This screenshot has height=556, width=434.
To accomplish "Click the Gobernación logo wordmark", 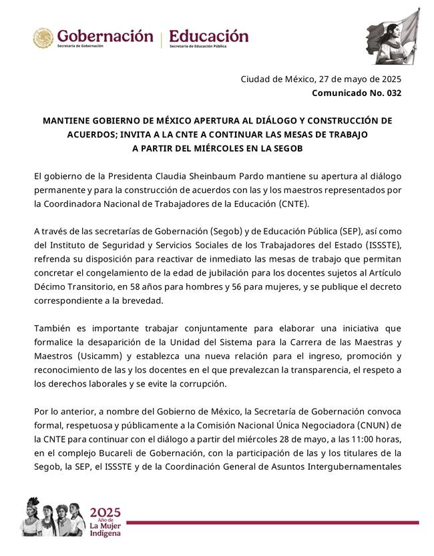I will tap(105, 36).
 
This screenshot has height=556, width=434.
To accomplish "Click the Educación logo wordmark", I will tap(208, 36).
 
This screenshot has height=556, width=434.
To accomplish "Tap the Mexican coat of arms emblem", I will tap(43, 38).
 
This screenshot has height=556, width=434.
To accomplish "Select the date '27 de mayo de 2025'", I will tap(359, 79).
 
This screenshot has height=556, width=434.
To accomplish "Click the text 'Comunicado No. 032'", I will tap(357, 93).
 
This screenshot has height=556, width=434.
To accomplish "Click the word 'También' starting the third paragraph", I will tap(52, 329).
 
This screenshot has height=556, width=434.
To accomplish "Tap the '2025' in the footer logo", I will tap(105, 513).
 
